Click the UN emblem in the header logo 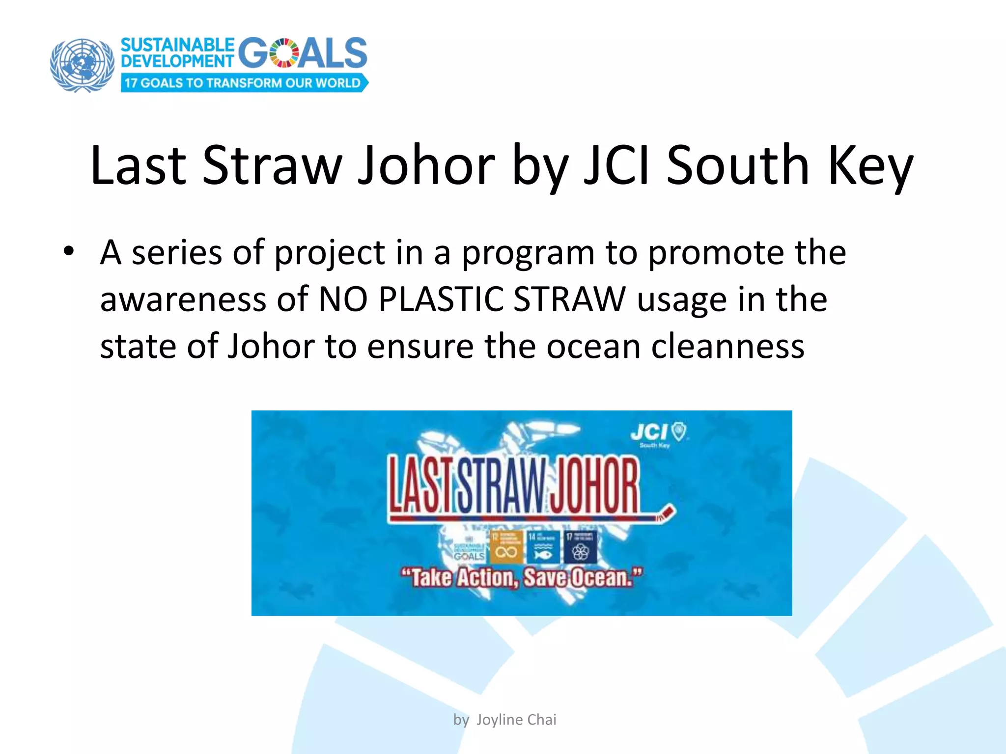[82, 65]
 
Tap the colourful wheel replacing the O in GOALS [284, 53]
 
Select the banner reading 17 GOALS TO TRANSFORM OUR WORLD [244, 83]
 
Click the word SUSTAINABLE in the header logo [177, 45]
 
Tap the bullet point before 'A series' [69, 251]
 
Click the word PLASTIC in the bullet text [441, 299]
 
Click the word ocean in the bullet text [593, 347]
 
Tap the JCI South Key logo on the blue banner [658, 435]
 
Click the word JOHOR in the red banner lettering [594, 485]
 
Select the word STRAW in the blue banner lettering [502, 485]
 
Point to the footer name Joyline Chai [516, 720]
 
